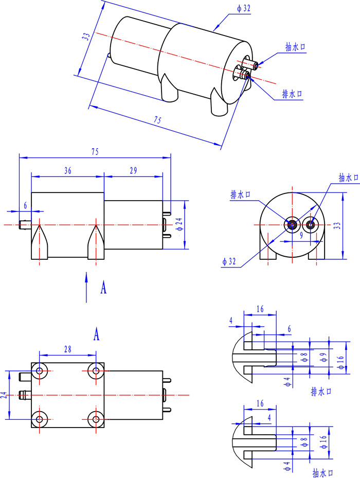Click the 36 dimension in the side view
pos(68,171)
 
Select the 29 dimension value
pos(133,171)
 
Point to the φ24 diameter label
pos(178,224)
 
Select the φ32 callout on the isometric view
pos(243,9)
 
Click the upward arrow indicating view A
pos(86,286)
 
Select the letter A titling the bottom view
pos(96,334)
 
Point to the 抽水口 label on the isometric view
pos(296,47)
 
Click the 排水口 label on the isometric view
pos(292,94)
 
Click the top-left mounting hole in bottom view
pos(39,370)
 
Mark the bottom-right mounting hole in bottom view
pos(96,419)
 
